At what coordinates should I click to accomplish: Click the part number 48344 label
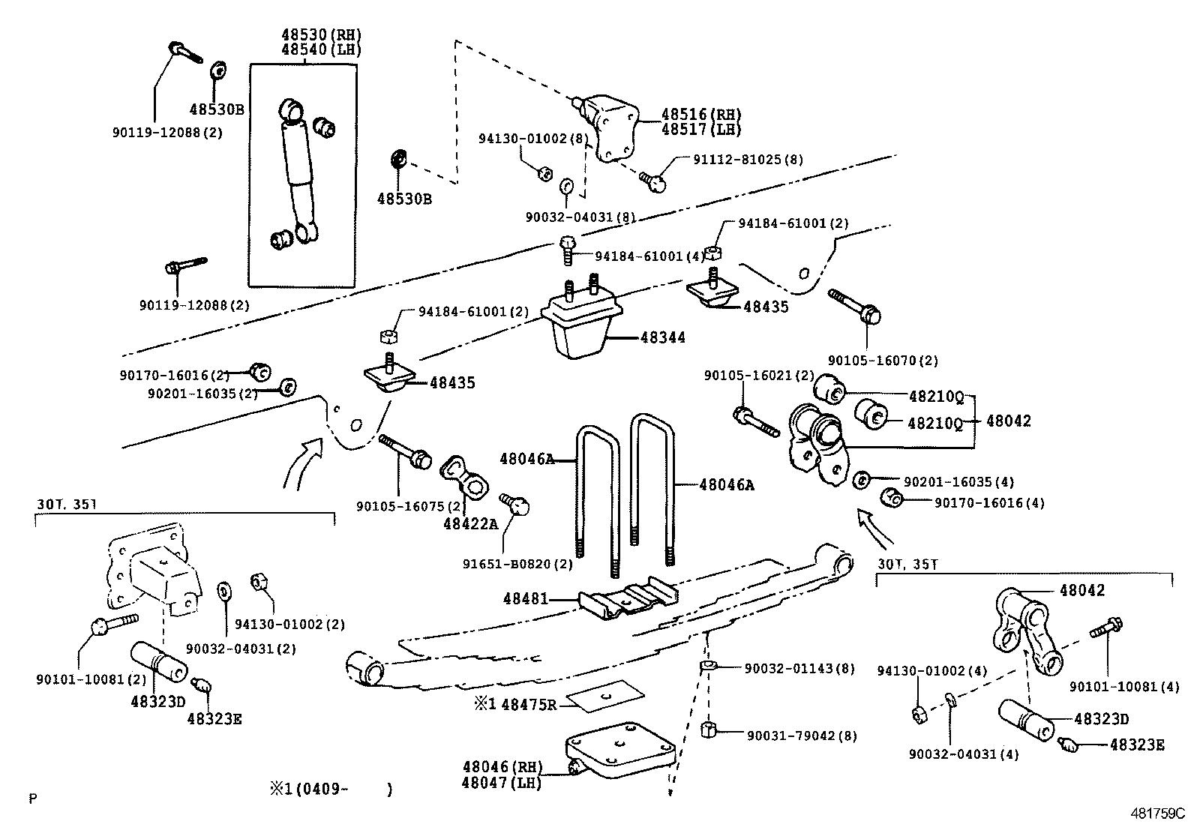pos(663,338)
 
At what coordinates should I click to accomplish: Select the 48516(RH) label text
pos(700,115)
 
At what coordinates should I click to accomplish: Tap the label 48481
pos(525,598)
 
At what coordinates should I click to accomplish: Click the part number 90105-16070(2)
pos(883,361)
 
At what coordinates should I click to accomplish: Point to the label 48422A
pos(469,523)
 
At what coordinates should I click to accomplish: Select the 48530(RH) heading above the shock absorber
pos(321,34)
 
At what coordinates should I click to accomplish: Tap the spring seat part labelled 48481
pos(627,599)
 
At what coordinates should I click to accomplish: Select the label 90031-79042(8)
pos(801,736)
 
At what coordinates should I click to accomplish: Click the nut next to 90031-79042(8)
pos(709,730)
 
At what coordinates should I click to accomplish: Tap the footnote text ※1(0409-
pos(307,789)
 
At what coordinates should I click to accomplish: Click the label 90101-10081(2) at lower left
pos(91,679)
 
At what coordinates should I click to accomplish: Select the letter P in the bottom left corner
pos(32,799)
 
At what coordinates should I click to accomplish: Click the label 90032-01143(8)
pos(799,668)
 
